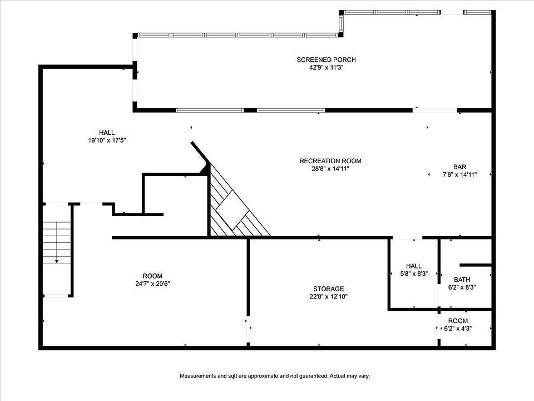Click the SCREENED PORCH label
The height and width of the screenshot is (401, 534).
(x=326, y=60)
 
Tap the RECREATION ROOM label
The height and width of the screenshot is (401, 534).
(x=330, y=161)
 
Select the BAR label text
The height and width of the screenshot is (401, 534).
(x=459, y=167)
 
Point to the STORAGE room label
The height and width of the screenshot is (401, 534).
(x=328, y=289)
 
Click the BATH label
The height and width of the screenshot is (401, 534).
(x=462, y=280)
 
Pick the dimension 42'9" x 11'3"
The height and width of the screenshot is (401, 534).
(x=326, y=67)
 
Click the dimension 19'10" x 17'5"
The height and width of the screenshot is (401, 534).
(x=107, y=140)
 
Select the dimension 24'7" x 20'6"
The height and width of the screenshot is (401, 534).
(x=152, y=283)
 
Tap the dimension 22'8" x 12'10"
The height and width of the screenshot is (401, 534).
(x=328, y=297)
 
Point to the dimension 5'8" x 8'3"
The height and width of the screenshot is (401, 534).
(x=414, y=273)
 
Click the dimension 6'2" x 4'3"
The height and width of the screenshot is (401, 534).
(x=458, y=329)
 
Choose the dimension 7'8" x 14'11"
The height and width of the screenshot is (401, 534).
(x=459, y=175)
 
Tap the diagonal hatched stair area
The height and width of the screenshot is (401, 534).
(x=235, y=208)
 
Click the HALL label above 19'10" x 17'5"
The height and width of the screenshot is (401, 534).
(x=107, y=133)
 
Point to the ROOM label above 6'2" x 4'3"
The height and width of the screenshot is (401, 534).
(x=458, y=321)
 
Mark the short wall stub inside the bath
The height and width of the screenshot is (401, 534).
(x=476, y=265)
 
